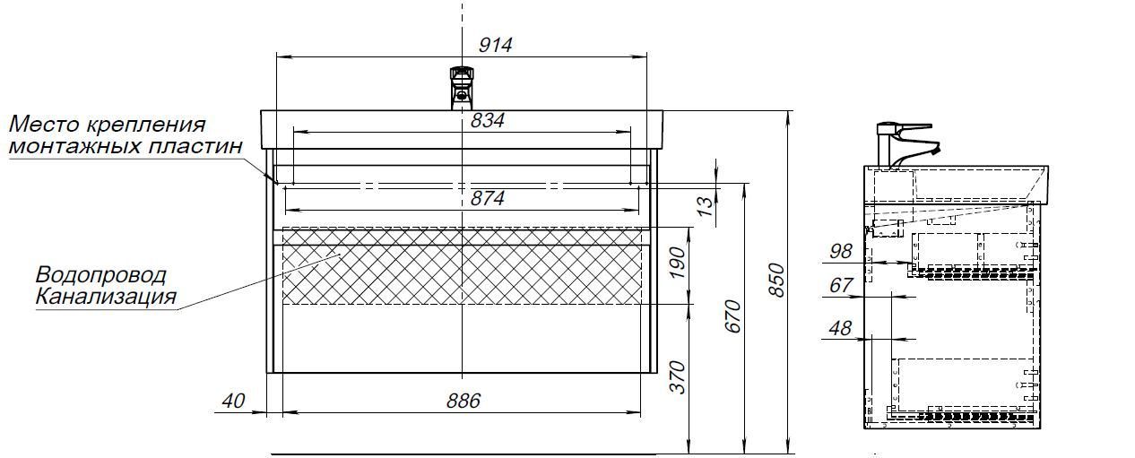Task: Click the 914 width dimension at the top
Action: coord(495,46)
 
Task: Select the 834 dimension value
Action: coord(487,121)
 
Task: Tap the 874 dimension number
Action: coord(487,198)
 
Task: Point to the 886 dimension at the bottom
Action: coord(464,401)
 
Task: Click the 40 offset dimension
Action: coord(233,401)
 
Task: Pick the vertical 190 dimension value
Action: coord(678,263)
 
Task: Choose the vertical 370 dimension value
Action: coord(678,377)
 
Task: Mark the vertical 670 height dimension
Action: coord(733,316)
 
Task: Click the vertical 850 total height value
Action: coord(776,281)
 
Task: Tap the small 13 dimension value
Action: coord(706,206)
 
